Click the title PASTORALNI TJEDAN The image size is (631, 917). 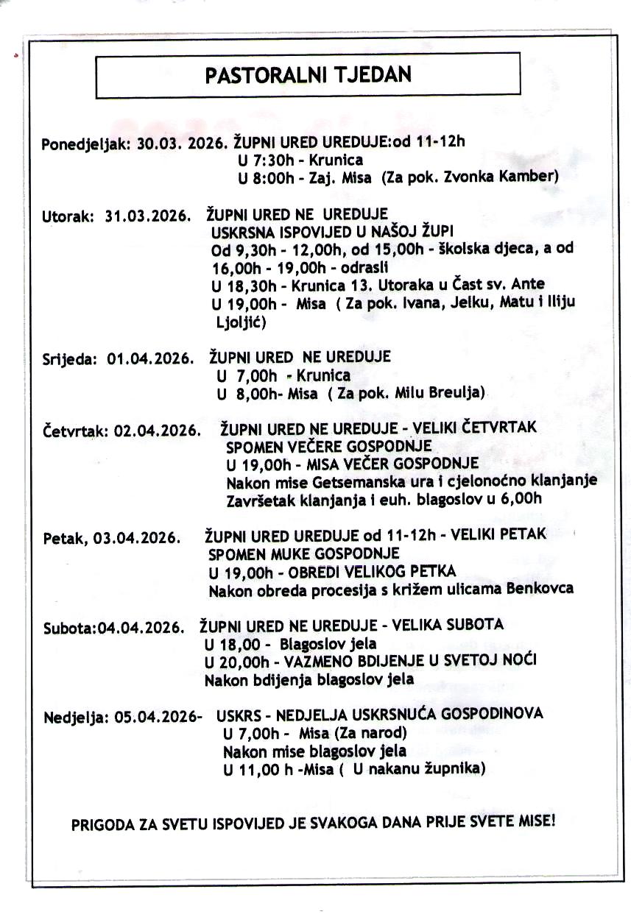308,75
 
